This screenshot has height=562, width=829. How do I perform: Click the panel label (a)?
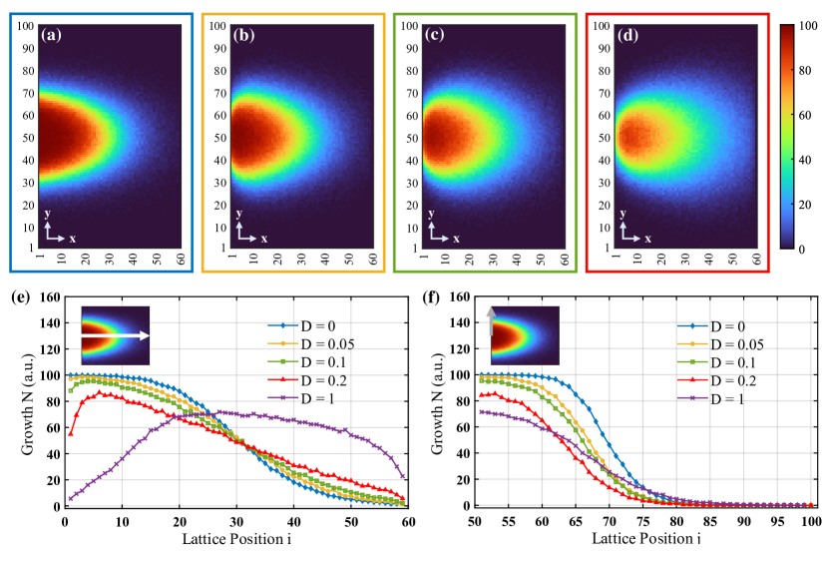(x=53, y=36)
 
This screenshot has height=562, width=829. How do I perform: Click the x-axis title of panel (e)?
(x=231, y=538)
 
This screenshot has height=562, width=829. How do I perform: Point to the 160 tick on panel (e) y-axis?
(x=50, y=296)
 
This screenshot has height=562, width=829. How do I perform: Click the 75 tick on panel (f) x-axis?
(x=643, y=521)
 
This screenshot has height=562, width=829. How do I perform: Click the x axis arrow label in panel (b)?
(x=264, y=239)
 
